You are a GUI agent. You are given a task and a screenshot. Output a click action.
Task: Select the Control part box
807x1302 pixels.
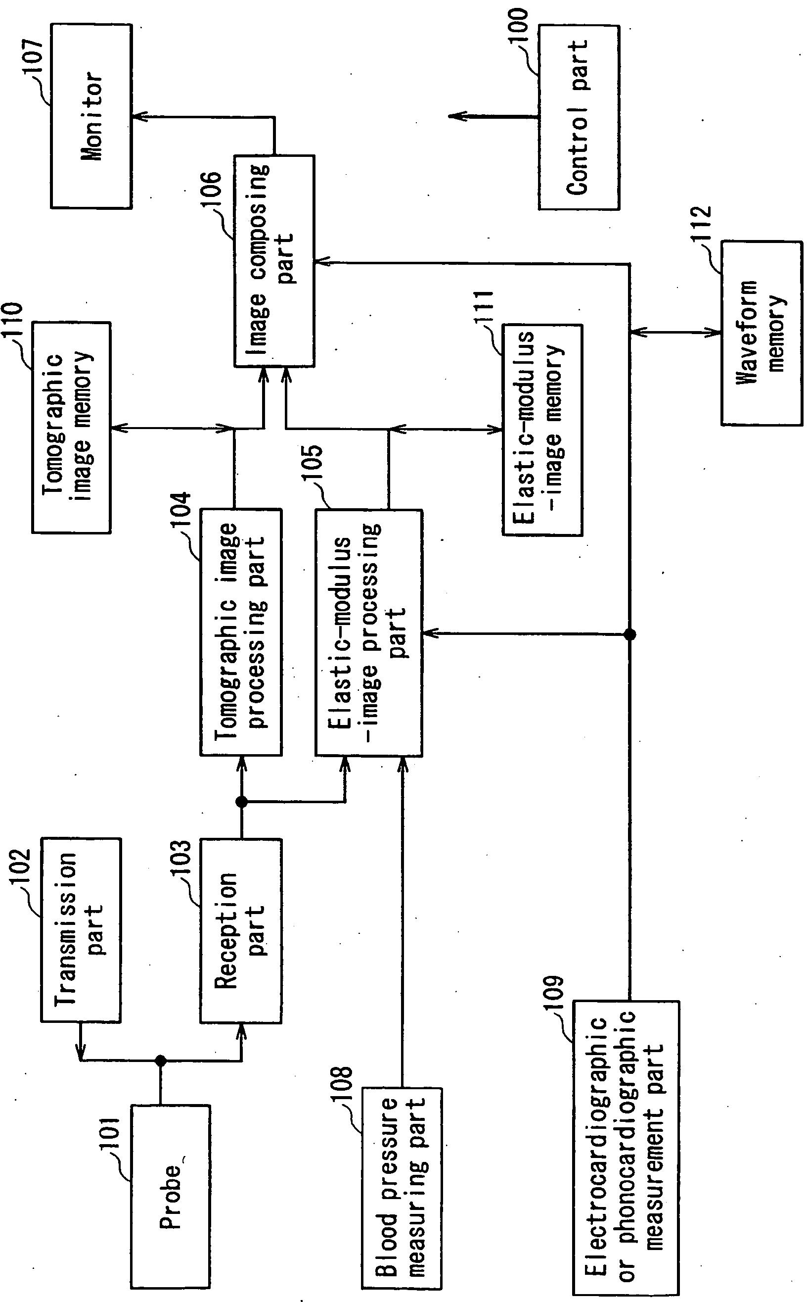[x=579, y=117]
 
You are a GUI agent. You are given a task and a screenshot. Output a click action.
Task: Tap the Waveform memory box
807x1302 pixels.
[x=762, y=333]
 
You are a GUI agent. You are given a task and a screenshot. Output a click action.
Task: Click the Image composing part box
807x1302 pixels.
[x=274, y=261]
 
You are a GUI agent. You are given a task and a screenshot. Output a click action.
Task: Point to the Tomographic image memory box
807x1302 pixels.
[x=71, y=427]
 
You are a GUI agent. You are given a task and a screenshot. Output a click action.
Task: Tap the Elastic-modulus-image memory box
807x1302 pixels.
[x=542, y=430]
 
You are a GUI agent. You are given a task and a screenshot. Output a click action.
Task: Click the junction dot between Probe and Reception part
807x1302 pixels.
[x=160, y=1060]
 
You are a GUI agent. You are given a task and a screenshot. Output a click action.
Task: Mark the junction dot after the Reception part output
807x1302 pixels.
[x=241, y=802]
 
